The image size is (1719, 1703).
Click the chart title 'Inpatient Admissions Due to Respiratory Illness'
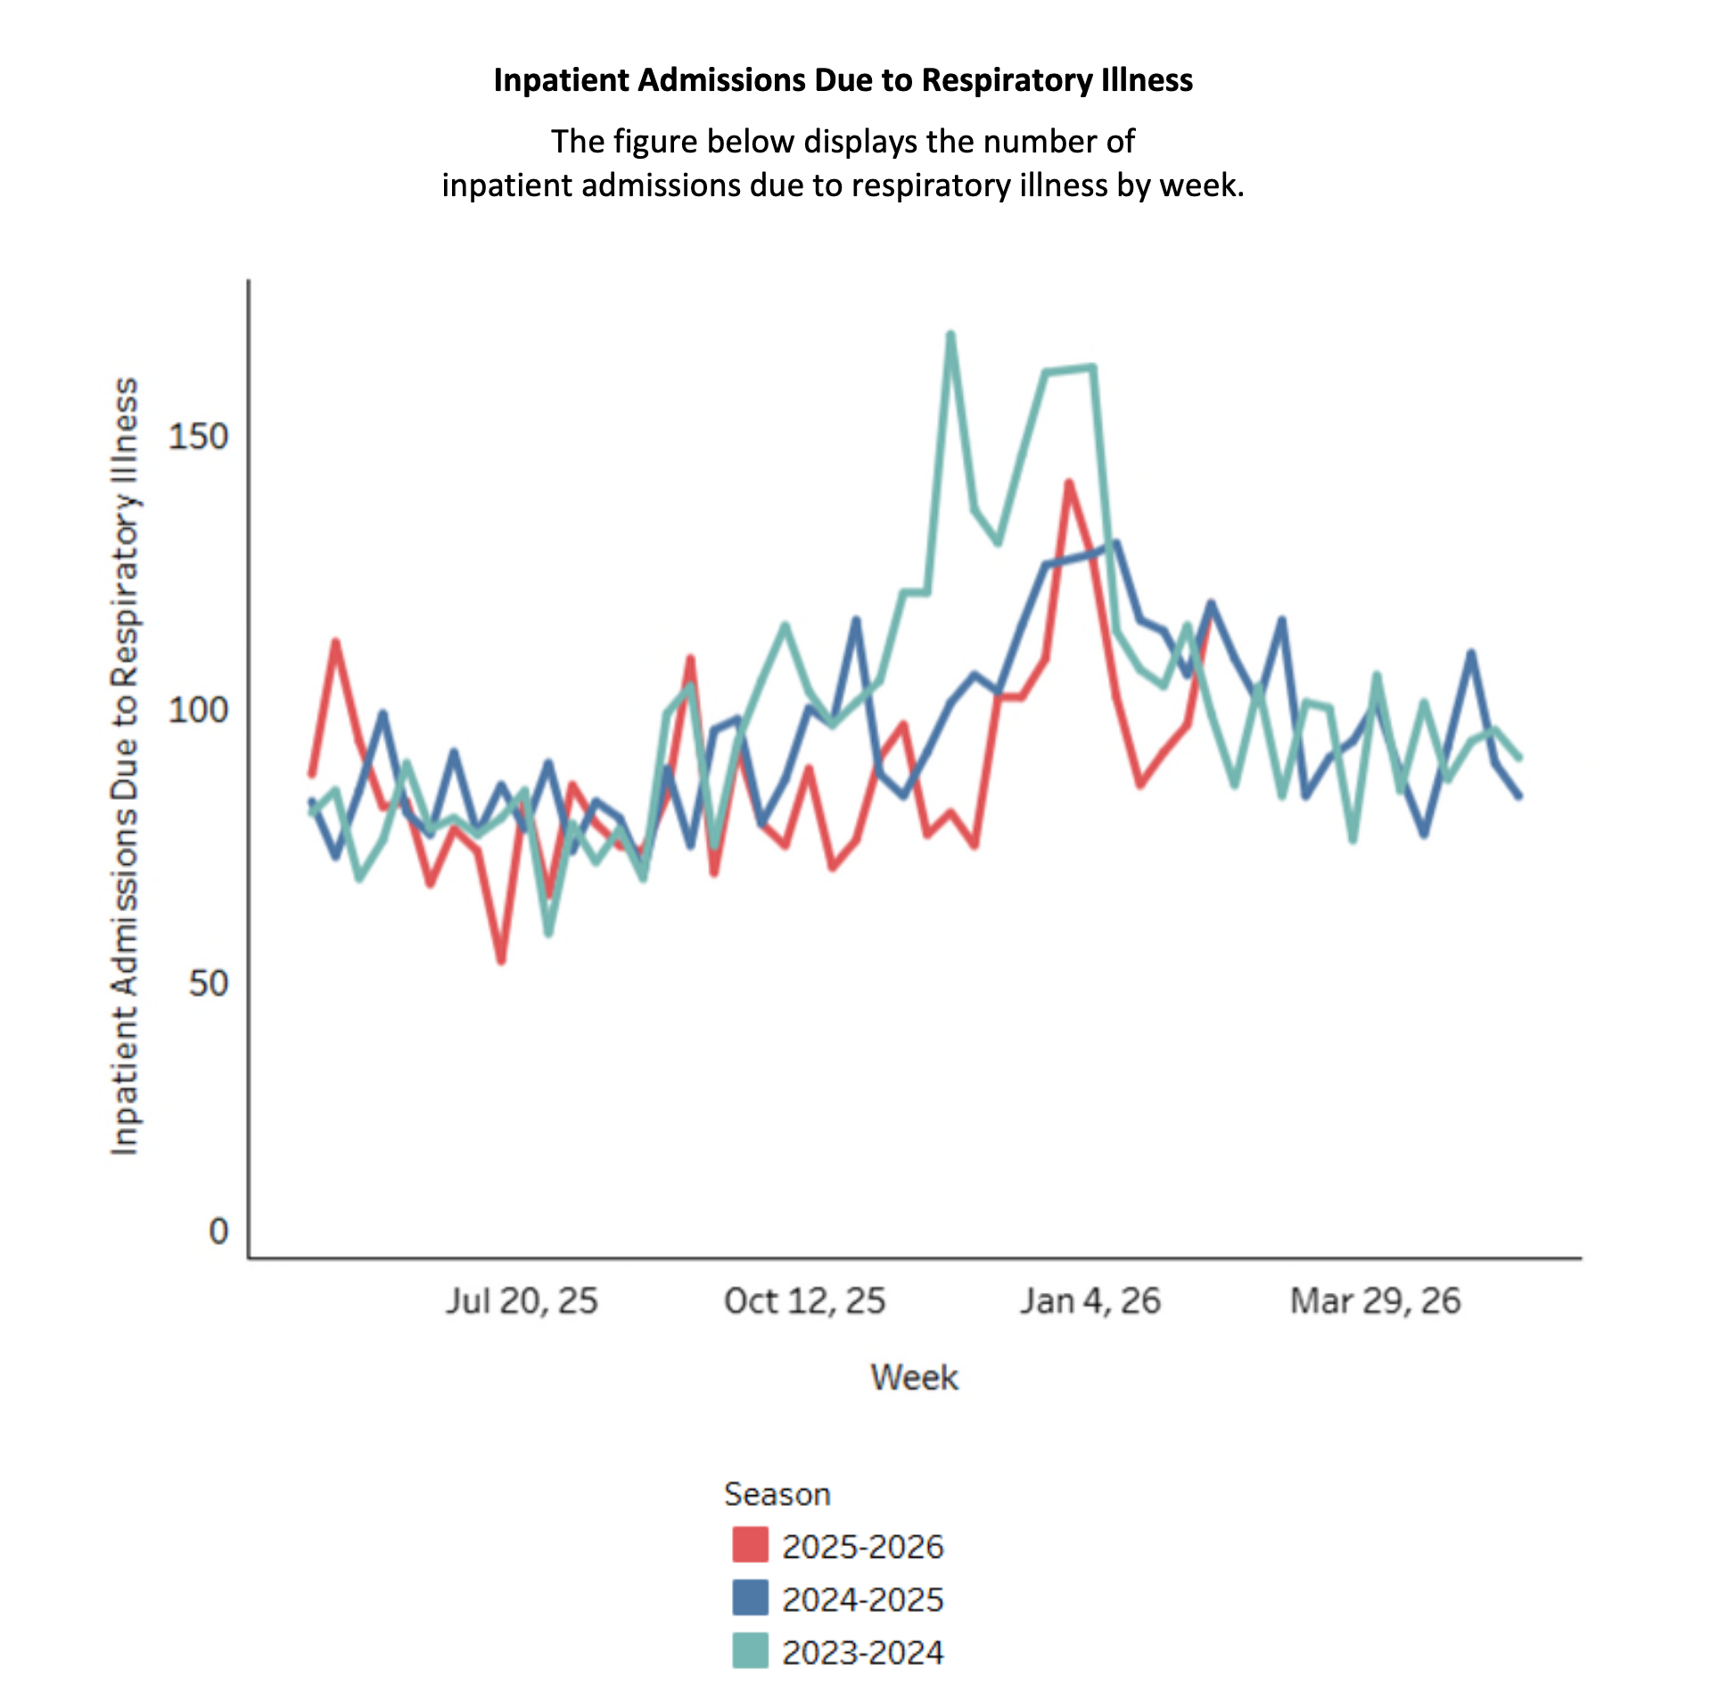point(843,80)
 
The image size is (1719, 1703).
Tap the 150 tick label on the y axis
point(198,437)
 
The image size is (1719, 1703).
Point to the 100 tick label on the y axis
point(198,710)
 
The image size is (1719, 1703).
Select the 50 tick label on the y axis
point(209,983)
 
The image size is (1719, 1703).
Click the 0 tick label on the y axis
point(218,1231)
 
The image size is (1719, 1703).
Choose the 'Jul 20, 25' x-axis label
point(522,1301)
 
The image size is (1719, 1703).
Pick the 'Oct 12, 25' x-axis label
point(804,1301)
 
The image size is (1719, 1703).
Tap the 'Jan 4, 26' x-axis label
point(1090,1301)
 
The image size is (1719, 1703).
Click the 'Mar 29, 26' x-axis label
point(1375,1301)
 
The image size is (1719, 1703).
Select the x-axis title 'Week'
point(914,1378)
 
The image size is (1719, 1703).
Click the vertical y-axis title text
point(125,767)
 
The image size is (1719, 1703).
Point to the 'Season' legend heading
point(777,1494)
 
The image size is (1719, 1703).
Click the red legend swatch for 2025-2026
point(750,1545)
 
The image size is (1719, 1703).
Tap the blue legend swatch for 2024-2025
point(750,1598)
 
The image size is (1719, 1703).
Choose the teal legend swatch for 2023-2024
point(750,1650)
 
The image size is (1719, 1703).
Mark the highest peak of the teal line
point(950,335)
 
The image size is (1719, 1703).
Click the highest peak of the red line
point(1069,483)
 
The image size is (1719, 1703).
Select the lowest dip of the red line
point(502,961)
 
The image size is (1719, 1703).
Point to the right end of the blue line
point(1519,795)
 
